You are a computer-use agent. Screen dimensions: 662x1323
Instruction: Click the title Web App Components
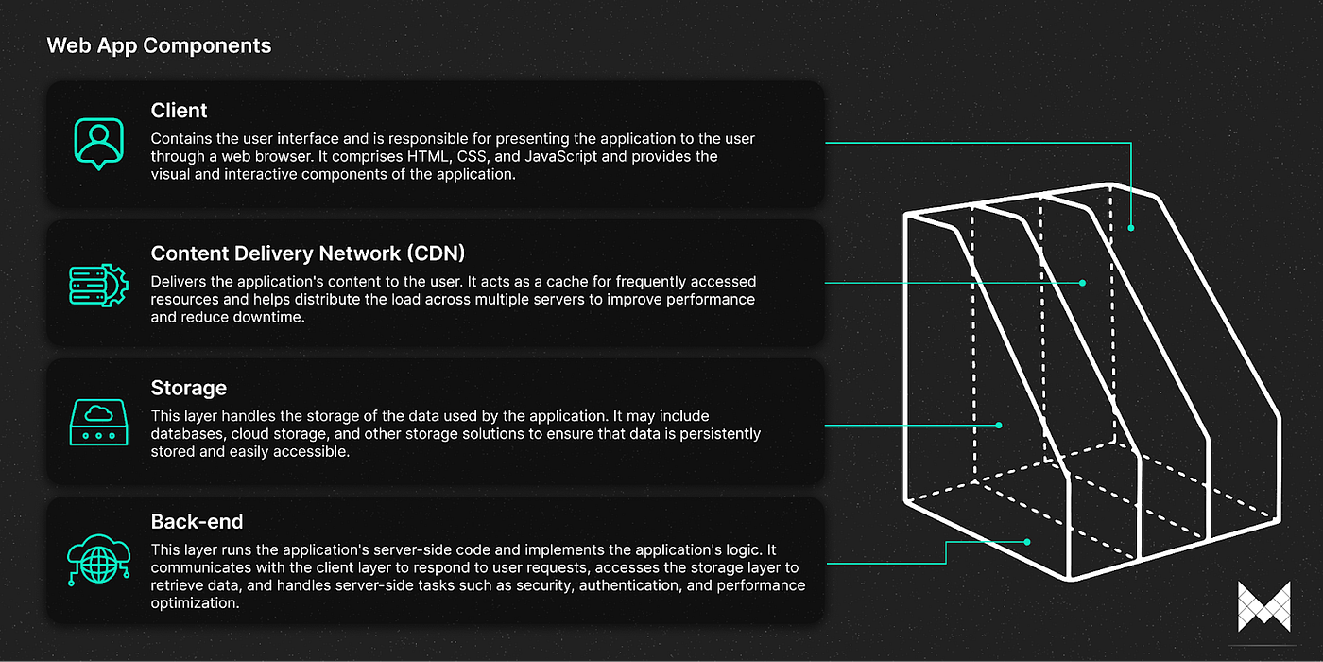(159, 45)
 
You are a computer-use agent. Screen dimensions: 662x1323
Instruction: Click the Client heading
(179, 111)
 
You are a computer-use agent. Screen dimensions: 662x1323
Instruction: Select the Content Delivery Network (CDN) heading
(308, 253)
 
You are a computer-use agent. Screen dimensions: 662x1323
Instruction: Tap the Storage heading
(189, 388)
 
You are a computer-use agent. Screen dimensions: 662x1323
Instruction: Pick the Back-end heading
(197, 522)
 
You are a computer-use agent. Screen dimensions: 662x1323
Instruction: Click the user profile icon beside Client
(99, 143)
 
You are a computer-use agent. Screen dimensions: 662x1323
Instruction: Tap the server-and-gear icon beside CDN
(99, 284)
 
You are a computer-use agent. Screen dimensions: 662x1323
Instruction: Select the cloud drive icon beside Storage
(99, 422)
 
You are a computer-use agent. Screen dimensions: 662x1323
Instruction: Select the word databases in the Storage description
(185, 433)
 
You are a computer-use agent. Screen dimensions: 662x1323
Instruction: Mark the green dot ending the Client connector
(1131, 228)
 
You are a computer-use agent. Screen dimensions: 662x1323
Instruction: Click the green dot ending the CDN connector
(1084, 283)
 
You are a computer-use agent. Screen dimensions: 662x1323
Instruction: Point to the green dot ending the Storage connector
(999, 426)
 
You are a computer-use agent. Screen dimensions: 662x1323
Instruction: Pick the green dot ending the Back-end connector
(1028, 542)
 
